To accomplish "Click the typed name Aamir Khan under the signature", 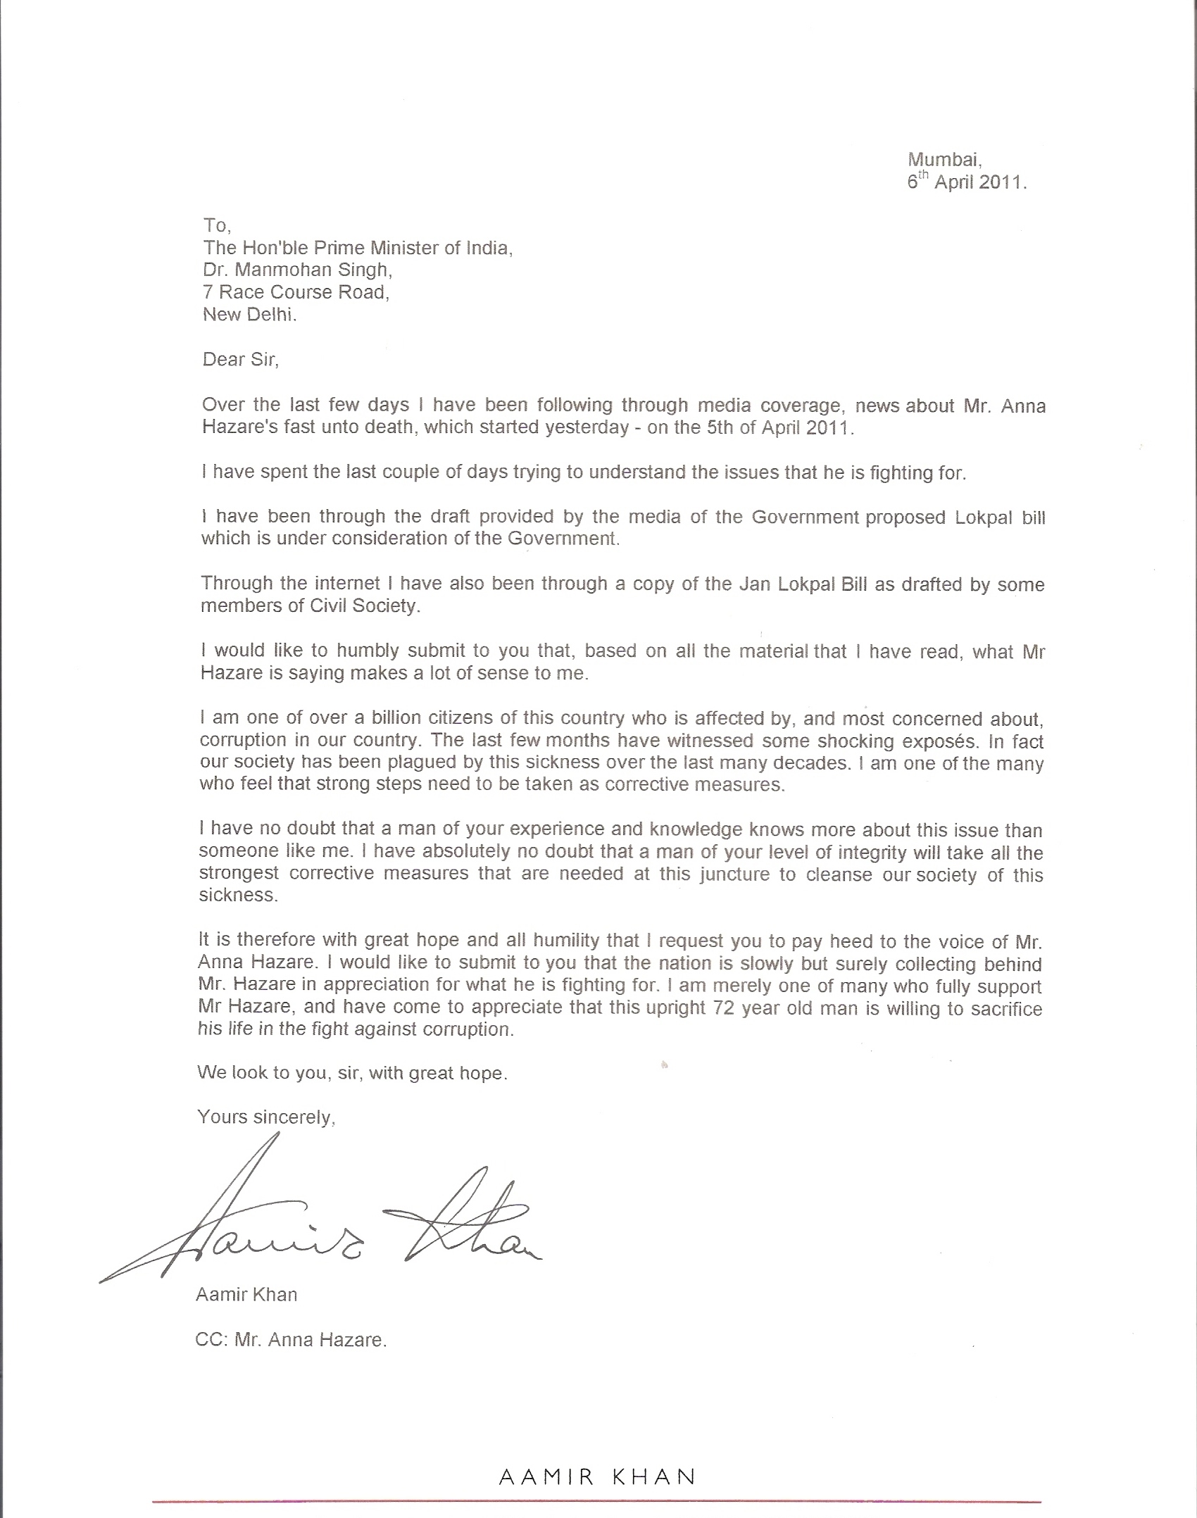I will point(246,1294).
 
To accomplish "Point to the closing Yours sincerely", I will point(266,1117).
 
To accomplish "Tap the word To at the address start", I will point(215,225).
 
